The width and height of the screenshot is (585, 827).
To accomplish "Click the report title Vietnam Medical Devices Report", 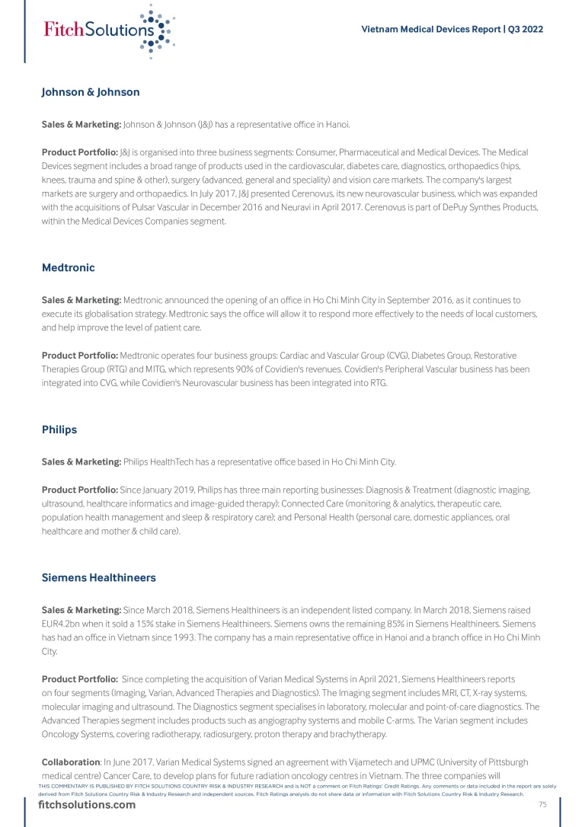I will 430,30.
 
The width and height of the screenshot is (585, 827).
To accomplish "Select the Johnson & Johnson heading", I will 91,92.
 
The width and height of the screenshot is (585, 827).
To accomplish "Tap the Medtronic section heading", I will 68,268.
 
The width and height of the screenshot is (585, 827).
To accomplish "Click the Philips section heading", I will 59,429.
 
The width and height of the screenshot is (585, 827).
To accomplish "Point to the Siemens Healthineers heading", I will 99,578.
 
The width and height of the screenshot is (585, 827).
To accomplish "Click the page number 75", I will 543,805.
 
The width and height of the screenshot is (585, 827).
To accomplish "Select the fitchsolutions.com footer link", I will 87,805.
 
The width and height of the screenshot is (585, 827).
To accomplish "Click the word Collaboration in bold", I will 71,762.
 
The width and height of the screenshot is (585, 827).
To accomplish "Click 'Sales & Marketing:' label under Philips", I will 81,462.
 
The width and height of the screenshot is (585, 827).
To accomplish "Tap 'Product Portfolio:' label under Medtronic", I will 79,356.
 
